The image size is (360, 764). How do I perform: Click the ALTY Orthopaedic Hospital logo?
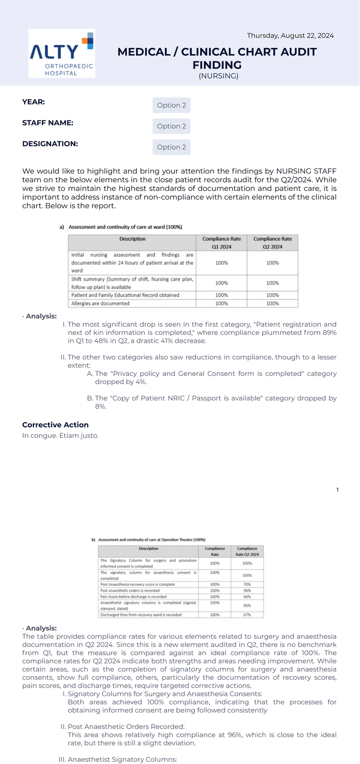tap(62, 53)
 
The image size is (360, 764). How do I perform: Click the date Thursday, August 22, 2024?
tap(290, 36)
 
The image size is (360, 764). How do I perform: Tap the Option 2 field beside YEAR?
tap(171, 105)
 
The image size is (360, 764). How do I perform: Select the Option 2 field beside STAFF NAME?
tap(171, 126)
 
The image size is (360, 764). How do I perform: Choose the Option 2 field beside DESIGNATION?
tap(171, 147)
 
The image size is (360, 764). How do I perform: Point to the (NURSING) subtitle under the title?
tap(218, 76)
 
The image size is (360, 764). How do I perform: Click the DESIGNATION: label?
tap(50, 144)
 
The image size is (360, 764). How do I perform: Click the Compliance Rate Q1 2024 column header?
tap(221, 243)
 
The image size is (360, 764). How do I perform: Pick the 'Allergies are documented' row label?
tap(100, 303)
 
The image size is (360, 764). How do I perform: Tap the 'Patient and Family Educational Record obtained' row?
tap(125, 295)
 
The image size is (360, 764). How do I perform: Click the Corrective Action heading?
tap(56, 425)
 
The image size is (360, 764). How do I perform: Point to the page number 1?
tap(337, 490)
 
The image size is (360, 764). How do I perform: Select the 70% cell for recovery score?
tap(247, 585)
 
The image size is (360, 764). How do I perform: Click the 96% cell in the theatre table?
tap(247, 590)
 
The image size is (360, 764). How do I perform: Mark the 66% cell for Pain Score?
tap(247, 597)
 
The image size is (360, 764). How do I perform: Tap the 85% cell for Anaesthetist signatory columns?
tap(247, 605)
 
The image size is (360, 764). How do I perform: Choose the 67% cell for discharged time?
tap(247, 615)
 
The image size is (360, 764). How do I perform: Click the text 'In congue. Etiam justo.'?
tap(60, 436)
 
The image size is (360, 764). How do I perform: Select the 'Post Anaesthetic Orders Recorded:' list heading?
tap(126, 727)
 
